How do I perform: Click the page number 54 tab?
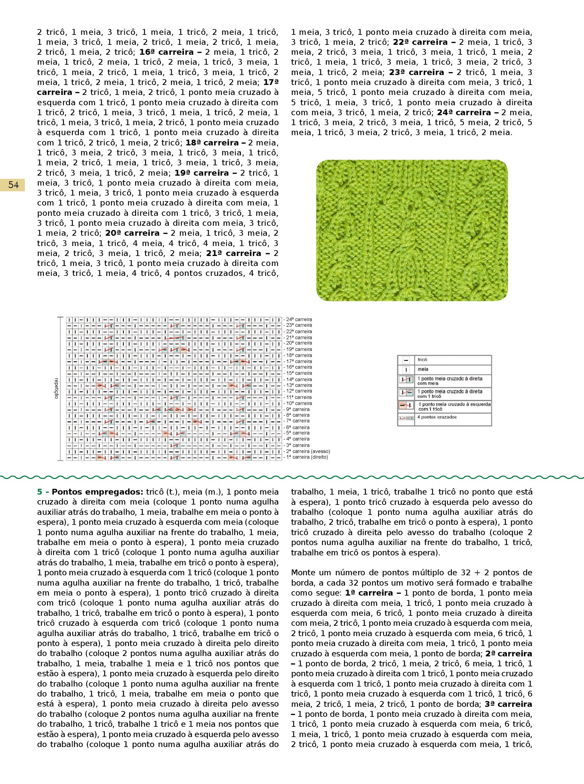13,185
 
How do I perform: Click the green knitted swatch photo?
412,230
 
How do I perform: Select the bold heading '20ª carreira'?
132,233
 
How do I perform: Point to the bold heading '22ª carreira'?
420,42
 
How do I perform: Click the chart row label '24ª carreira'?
299,319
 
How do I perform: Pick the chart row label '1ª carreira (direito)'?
307,457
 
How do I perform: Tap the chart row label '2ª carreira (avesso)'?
308,451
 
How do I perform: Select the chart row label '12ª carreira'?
299,391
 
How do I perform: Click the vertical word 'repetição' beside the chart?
56,388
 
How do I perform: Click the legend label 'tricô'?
422,360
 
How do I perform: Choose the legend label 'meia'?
423,369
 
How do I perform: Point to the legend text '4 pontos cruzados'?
437,417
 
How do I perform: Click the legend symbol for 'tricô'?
406,360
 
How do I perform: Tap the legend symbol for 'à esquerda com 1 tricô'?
406,405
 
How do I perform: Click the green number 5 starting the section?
39,492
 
